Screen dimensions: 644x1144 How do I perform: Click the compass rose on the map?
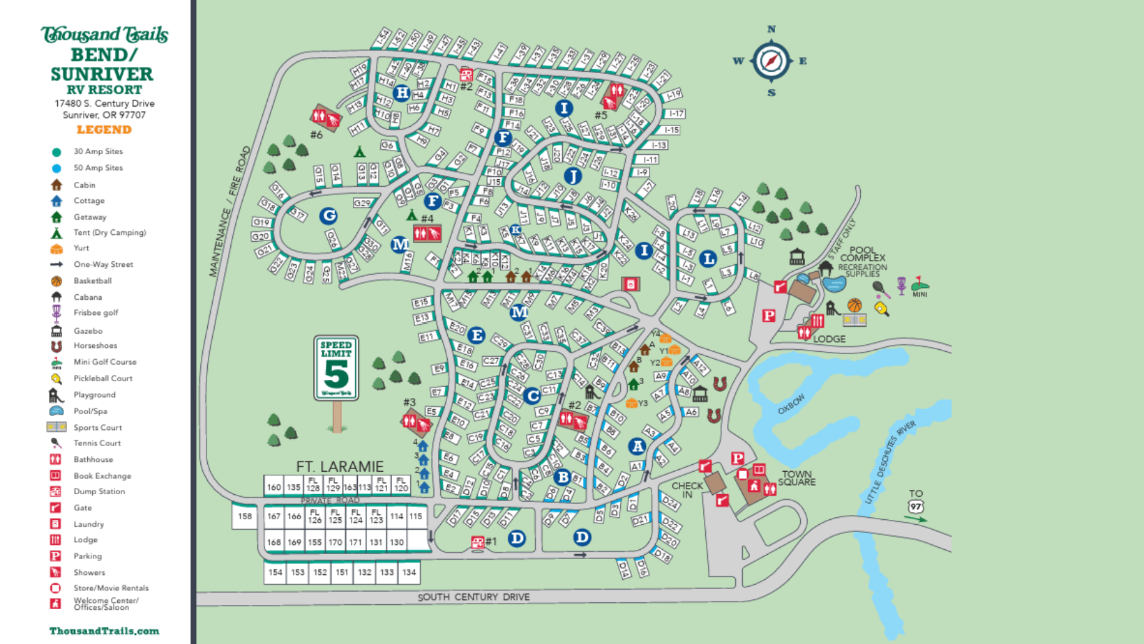pos(771,61)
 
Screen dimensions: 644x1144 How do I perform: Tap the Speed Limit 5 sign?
pos(336,369)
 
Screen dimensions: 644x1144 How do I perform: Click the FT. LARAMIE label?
pos(340,466)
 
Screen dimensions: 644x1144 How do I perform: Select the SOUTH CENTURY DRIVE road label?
pos(474,597)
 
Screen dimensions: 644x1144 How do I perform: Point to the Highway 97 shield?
pos(916,507)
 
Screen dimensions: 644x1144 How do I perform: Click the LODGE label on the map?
pos(829,339)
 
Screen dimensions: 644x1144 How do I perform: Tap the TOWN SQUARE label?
pos(797,478)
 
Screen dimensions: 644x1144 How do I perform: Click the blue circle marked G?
pos(329,216)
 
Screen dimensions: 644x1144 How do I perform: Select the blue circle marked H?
pos(402,93)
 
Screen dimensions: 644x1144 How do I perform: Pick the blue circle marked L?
pos(708,259)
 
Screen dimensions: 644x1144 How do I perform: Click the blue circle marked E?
pos(476,335)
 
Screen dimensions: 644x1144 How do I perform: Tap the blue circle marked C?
pos(532,396)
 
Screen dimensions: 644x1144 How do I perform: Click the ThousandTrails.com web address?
pos(104,631)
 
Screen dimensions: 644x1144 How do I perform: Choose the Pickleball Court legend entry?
pos(103,378)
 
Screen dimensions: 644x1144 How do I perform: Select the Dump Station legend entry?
pos(99,491)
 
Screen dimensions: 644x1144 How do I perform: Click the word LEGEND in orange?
pos(104,130)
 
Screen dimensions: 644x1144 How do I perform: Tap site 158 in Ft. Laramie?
pos(245,516)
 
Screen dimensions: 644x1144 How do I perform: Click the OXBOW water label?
pos(791,404)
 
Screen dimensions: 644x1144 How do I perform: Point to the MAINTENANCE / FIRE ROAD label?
pos(229,211)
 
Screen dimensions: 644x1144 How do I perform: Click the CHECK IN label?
pos(686,490)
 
